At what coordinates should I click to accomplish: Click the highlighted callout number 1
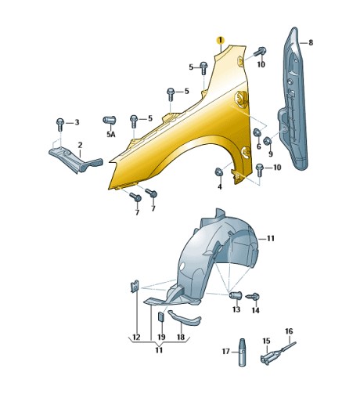pyautogui.click(x=221, y=41)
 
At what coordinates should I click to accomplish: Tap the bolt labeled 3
pyautogui.click(x=60, y=125)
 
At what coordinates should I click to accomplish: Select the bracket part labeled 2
pyautogui.click(x=76, y=160)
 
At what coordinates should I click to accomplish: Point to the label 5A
pyautogui.click(x=110, y=135)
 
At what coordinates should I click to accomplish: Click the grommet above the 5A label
pyautogui.click(x=110, y=120)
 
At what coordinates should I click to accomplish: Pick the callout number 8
pyautogui.click(x=311, y=42)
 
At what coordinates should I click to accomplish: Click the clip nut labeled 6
pyautogui.click(x=257, y=132)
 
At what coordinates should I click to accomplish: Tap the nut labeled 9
pyautogui.click(x=268, y=141)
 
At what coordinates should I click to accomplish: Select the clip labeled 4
pyautogui.click(x=218, y=172)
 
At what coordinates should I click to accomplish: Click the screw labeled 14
pyautogui.click(x=254, y=296)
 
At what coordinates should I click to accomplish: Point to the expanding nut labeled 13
pyautogui.click(x=236, y=295)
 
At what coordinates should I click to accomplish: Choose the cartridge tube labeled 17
pyautogui.click(x=243, y=352)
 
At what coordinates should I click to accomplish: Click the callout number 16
pyautogui.click(x=289, y=331)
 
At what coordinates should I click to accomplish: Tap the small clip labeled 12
pyautogui.click(x=135, y=287)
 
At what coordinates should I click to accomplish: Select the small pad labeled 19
pyautogui.click(x=160, y=317)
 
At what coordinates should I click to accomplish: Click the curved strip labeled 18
pyautogui.click(x=185, y=318)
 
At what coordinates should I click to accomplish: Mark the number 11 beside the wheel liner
pyautogui.click(x=271, y=238)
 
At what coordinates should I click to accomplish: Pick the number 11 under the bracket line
pyautogui.click(x=159, y=350)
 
